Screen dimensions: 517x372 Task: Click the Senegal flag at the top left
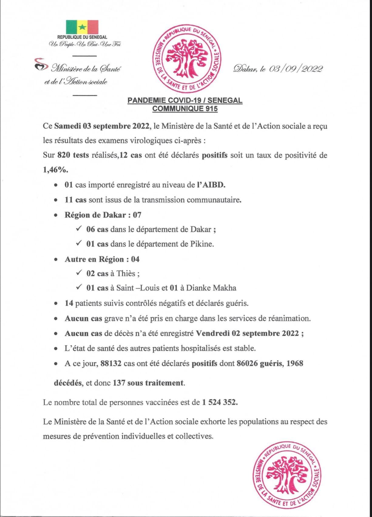pyautogui.click(x=82, y=27)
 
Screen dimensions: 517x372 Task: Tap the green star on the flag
pyautogui.click(x=82, y=28)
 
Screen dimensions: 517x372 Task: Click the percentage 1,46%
pyautogui.click(x=56, y=170)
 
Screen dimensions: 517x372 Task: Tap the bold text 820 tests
pyautogui.click(x=73, y=155)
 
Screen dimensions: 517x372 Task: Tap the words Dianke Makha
pyautogui.click(x=211, y=288)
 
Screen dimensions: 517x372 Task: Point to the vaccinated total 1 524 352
pyautogui.click(x=220, y=402)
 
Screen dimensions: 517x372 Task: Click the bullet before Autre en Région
pyautogui.click(x=56, y=260)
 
